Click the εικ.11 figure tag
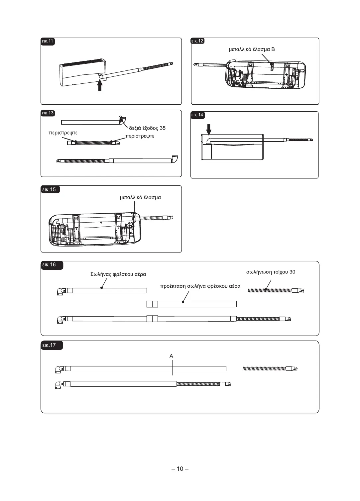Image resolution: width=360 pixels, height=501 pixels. (x=48, y=42)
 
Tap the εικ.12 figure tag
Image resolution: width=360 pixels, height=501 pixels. (x=197, y=41)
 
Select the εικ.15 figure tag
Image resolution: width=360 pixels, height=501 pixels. (x=49, y=190)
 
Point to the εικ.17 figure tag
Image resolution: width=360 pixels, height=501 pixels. (x=49, y=345)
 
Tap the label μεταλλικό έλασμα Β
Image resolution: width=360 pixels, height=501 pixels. (x=252, y=50)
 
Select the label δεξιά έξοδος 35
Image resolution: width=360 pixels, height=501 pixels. (x=147, y=128)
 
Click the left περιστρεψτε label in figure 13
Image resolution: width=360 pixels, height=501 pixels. (x=63, y=133)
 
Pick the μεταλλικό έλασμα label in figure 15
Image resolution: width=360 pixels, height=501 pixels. (x=140, y=197)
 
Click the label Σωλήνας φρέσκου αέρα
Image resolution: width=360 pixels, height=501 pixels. (x=118, y=274)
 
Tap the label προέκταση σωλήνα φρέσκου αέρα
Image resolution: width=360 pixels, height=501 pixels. (x=200, y=286)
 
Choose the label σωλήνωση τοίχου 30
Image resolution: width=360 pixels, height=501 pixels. (x=271, y=272)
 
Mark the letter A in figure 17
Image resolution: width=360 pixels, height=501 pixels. (x=172, y=356)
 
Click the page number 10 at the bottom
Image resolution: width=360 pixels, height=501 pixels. (x=180, y=469)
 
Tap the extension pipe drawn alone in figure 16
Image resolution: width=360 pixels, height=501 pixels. (x=191, y=304)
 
